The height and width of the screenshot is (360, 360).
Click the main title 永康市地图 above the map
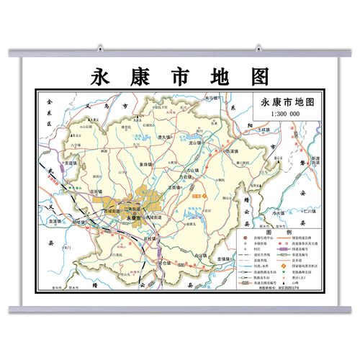tap(179, 76)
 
